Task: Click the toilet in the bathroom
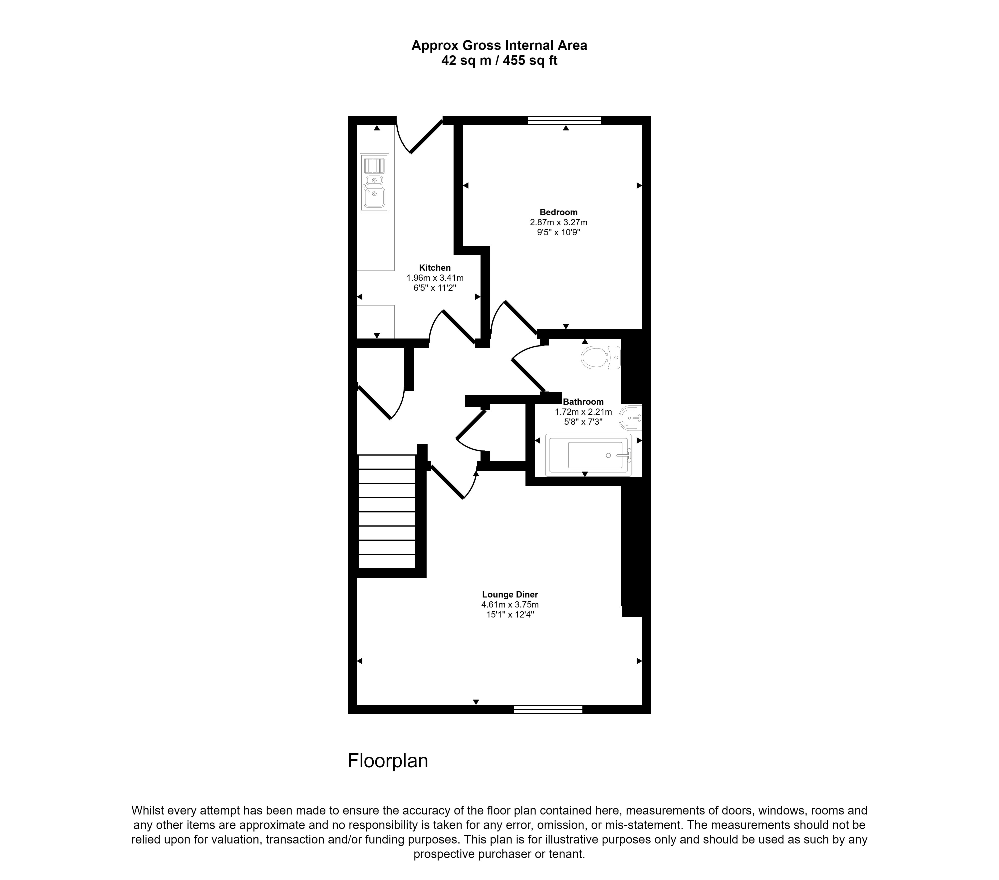(600, 357)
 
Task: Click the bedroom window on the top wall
(564, 120)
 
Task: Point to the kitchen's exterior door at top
(419, 135)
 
